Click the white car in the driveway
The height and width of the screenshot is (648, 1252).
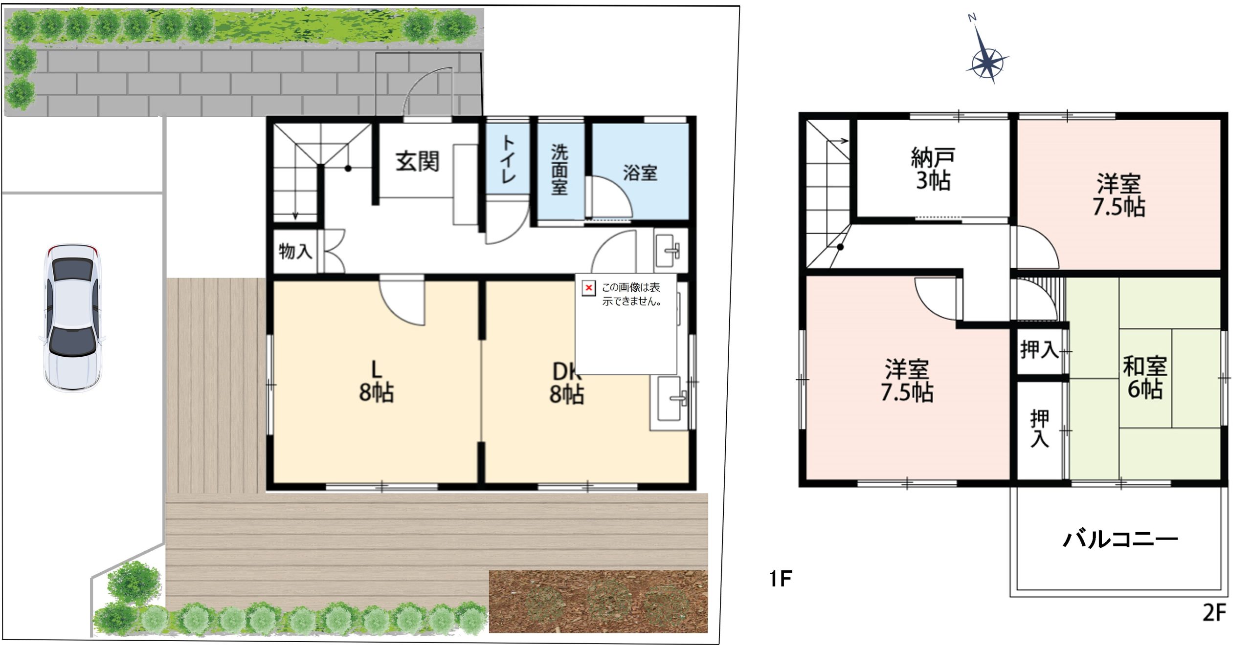point(72,318)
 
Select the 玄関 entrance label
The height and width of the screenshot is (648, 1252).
point(417,161)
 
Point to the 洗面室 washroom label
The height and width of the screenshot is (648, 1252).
point(559,170)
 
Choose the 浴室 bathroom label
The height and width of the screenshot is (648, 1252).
point(640,173)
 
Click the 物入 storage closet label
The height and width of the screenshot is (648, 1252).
point(295,252)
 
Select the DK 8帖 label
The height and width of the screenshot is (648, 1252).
point(566,384)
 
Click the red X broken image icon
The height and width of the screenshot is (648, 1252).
point(588,288)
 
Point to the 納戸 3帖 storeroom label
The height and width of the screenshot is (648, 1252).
point(933,169)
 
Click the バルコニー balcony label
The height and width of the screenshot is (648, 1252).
point(1120,539)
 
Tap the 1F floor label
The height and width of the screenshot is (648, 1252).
point(780,579)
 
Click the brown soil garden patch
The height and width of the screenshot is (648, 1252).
point(598,601)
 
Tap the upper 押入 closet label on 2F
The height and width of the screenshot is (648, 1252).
point(1039,350)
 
